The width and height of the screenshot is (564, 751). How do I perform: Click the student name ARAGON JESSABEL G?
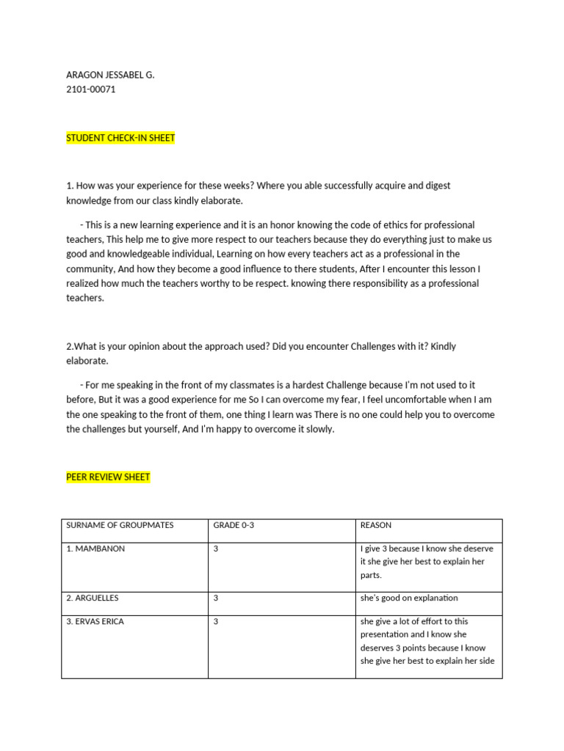pos(110,75)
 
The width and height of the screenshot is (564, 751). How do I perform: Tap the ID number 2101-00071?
pos(91,89)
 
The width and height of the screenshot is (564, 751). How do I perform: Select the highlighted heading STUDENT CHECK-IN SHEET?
pos(120,138)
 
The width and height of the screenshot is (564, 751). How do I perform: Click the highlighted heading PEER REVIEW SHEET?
pos(108,477)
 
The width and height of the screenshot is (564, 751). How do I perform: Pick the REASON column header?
pos(376,525)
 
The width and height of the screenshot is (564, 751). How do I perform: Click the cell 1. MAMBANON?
pos(95,549)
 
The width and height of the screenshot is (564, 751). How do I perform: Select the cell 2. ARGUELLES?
pos(93,598)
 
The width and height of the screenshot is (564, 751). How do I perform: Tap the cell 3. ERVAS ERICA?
pos(95,621)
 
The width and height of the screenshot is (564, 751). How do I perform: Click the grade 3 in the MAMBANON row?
pos(216,549)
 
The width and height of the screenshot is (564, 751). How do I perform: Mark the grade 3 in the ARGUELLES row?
pos(216,598)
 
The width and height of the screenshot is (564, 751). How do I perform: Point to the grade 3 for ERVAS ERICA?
pos(216,621)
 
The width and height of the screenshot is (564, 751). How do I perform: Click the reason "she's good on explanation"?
pos(409,598)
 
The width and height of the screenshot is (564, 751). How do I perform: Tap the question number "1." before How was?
pos(70,186)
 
